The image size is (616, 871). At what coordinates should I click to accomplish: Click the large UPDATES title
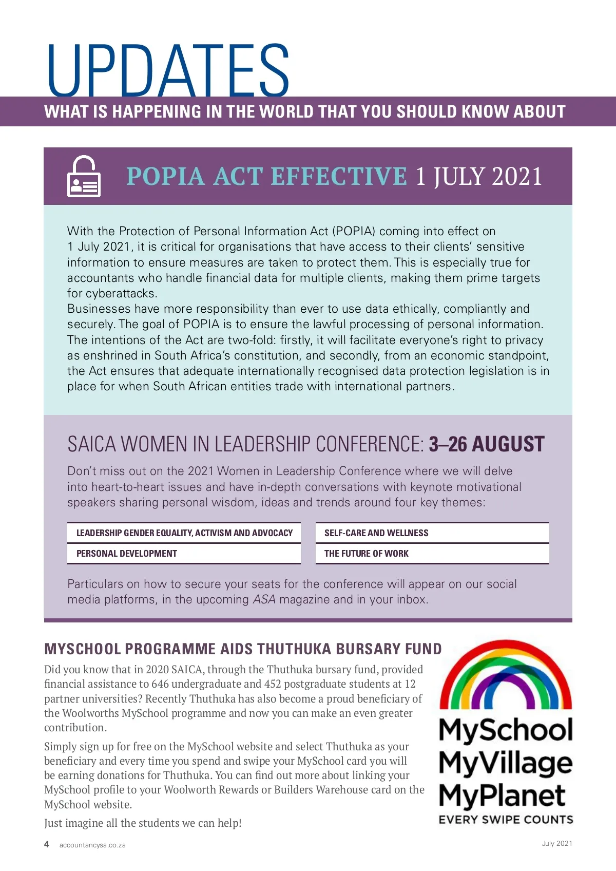pyautogui.click(x=168, y=70)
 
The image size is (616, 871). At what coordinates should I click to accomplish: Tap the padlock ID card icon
pyautogui.click(x=84, y=176)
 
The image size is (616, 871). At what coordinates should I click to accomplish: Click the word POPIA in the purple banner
pyautogui.click(x=165, y=177)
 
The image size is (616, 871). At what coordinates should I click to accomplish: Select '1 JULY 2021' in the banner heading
pyautogui.click(x=478, y=177)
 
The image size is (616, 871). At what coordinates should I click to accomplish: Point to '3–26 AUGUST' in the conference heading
pyautogui.click(x=486, y=444)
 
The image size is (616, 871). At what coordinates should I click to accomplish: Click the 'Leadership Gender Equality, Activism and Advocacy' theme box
pyautogui.click(x=184, y=533)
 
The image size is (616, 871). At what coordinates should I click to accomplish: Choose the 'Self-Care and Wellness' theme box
pyautogui.click(x=432, y=533)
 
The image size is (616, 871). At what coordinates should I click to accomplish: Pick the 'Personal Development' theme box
pyautogui.click(x=184, y=554)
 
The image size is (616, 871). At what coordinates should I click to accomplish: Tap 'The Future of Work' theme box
pyautogui.click(x=432, y=554)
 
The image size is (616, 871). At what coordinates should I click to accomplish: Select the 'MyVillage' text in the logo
pyautogui.click(x=506, y=763)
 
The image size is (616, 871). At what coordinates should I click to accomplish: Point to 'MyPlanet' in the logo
pyautogui.click(x=502, y=796)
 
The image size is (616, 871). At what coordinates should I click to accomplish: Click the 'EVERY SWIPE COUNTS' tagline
pyautogui.click(x=506, y=820)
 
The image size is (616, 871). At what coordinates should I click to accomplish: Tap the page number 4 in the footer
pyautogui.click(x=47, y=844)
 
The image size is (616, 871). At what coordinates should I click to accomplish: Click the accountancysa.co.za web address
pyautogui.click(x=92, y=845)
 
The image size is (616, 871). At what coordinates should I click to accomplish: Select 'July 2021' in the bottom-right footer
pyautogui.click(x=557, y=843)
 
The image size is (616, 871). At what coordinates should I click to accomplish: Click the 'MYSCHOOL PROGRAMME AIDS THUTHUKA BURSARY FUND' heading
pyautogui.click(x=243, y=649)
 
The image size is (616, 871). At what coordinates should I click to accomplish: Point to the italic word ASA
pyautogui.click(x=264, y=599)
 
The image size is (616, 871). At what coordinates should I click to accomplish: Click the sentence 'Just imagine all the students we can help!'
pyautogui.click(x=143, y=823)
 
